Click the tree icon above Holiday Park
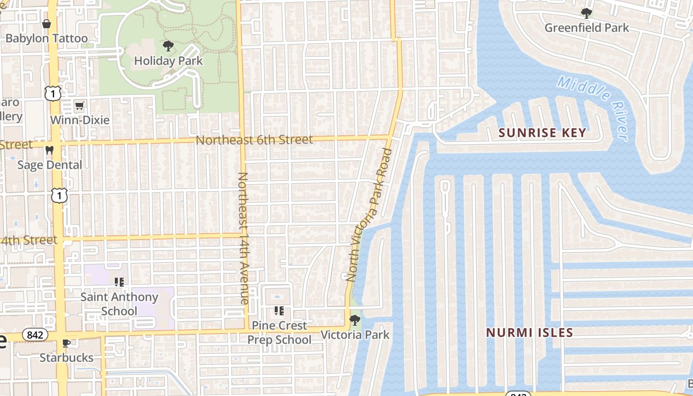[x=168, y=46]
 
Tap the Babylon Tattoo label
[x=47, y=38]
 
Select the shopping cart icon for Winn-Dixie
[x=79, y=105]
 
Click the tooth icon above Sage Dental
[x=49, y=149]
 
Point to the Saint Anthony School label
[x=119, y=304]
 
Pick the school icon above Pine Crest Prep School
[x=279, y=311]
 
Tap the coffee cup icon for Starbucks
[x=66, y=343]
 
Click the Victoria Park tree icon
[x=354, y=320]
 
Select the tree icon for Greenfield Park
[x=587, y=13]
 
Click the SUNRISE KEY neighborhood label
[x=542, y=133]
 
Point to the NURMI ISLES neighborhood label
[x=529, y=333]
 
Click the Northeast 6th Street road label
[x=254, y=140]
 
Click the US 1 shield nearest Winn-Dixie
[x=53, y=93]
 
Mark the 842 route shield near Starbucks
[x=35, y=335]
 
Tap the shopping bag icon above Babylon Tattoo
[x=47, y=24]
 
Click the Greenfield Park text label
[x=587, y=28]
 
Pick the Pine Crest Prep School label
[x=279, y=333]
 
